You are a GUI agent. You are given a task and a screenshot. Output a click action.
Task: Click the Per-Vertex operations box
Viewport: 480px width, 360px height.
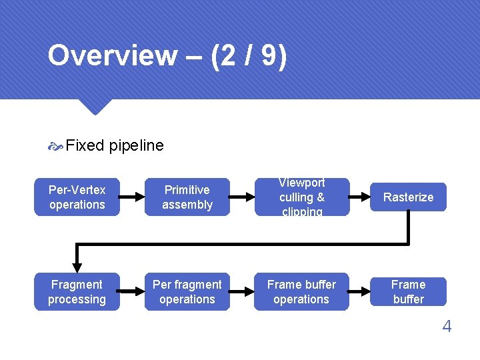pos(77,197)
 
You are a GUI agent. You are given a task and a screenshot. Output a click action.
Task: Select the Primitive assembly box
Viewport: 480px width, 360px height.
pos(187,197)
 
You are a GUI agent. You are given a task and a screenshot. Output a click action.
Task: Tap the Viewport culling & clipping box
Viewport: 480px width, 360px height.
pos(301,197)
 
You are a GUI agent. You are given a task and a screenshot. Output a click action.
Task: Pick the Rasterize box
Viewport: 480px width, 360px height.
pos(408,197)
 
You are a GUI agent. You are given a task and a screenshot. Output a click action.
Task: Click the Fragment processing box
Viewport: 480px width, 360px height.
pos(77,292)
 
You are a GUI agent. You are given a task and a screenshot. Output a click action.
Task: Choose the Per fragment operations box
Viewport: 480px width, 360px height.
pos(187,292)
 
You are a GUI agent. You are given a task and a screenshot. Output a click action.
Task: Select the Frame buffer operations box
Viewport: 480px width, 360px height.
pos(301,292)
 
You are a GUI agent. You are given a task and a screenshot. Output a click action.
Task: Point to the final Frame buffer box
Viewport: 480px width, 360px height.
pos(408,292)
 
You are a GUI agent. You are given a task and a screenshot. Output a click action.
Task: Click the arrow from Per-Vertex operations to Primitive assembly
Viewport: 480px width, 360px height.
pos(132,197)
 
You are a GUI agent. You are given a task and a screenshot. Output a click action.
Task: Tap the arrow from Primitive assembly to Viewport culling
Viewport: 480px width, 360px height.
pos(241,197)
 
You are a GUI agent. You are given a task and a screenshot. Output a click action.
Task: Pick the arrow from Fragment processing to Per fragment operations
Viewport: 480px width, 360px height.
pos(132,292)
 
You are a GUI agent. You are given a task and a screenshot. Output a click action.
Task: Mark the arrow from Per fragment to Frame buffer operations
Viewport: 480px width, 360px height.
pos(241,292)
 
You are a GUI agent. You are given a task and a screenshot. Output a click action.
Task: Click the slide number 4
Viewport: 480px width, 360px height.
pos(447,327)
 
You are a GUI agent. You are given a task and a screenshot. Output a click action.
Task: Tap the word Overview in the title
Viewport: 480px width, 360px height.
pos(112,56)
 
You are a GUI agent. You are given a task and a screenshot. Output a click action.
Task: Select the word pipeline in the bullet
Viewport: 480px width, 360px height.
pos(136,145)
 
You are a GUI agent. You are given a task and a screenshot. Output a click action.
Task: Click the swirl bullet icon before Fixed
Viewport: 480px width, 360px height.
pos(55,146)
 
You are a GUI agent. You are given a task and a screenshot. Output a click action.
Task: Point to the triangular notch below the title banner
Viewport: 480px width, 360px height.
pos(94,106)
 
